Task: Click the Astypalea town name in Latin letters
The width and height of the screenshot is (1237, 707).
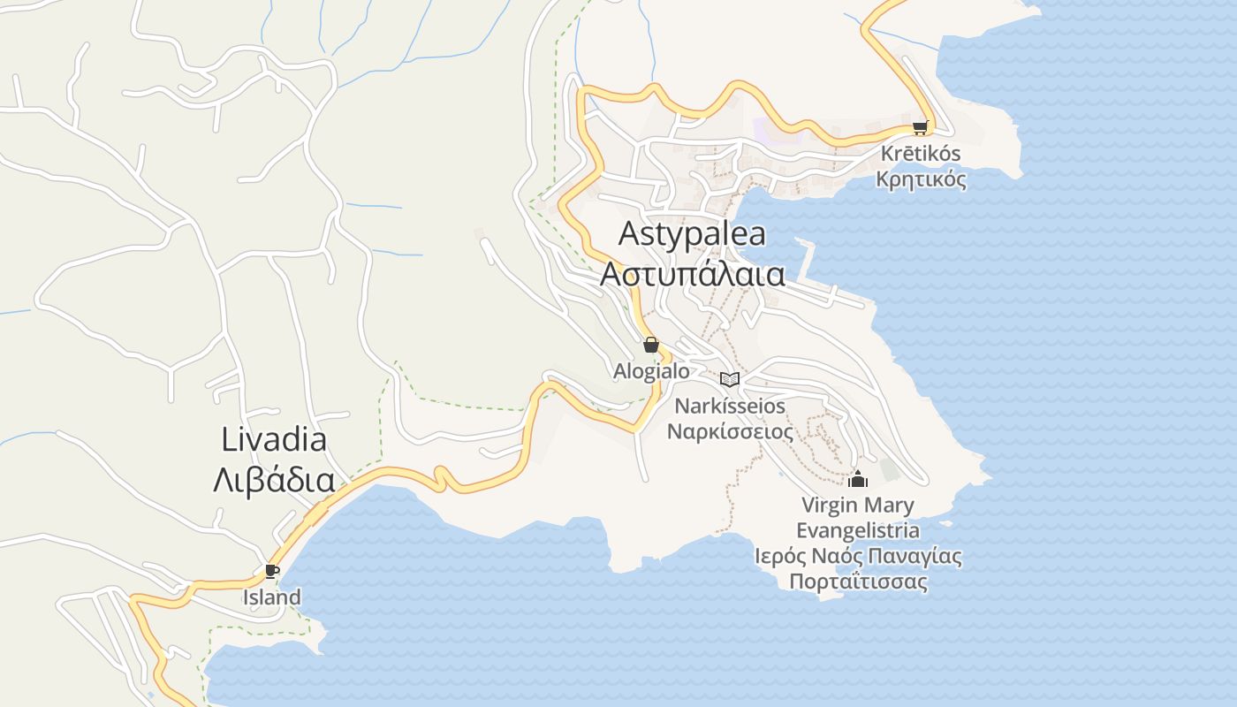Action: point(692,234)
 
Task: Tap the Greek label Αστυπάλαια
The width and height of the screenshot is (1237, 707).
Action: point(692,274)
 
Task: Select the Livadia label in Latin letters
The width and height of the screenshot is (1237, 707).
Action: point(274,440)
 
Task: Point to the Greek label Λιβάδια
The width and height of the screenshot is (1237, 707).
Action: point(274,481)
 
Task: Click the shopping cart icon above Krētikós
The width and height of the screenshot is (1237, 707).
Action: point(921,127)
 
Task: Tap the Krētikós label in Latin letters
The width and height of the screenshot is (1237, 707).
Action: point(921,154)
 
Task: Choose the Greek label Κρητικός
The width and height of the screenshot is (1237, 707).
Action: point(921,179)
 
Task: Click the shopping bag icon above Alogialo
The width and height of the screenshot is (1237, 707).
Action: point(651,345)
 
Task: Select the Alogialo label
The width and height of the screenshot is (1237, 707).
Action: point(651,371)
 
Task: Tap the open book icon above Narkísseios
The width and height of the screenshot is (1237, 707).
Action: point(730,380)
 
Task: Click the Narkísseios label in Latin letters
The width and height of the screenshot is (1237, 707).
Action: point(730,407)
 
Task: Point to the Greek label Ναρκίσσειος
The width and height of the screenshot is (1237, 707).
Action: point(730,432)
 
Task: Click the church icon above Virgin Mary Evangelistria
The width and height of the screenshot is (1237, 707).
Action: point(857,480)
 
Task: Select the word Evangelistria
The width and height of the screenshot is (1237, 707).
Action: point(857,531)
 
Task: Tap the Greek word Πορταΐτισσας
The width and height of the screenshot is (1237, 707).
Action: point(857,582)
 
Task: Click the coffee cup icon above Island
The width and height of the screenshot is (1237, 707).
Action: point(272,572)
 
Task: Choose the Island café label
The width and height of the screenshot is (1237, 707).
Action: point(272,598)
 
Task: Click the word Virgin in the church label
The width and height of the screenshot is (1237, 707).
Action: point(828,506)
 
